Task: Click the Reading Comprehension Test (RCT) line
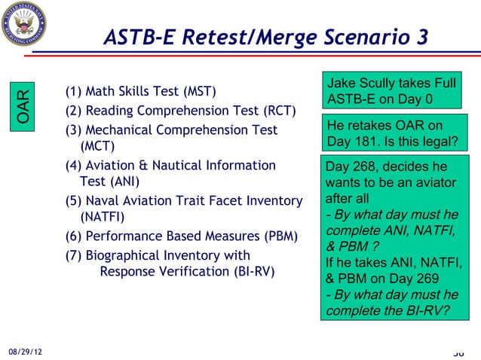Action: coord(180,112)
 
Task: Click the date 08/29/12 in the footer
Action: coord(25,352)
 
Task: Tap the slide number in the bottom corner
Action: coord(458,352)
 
